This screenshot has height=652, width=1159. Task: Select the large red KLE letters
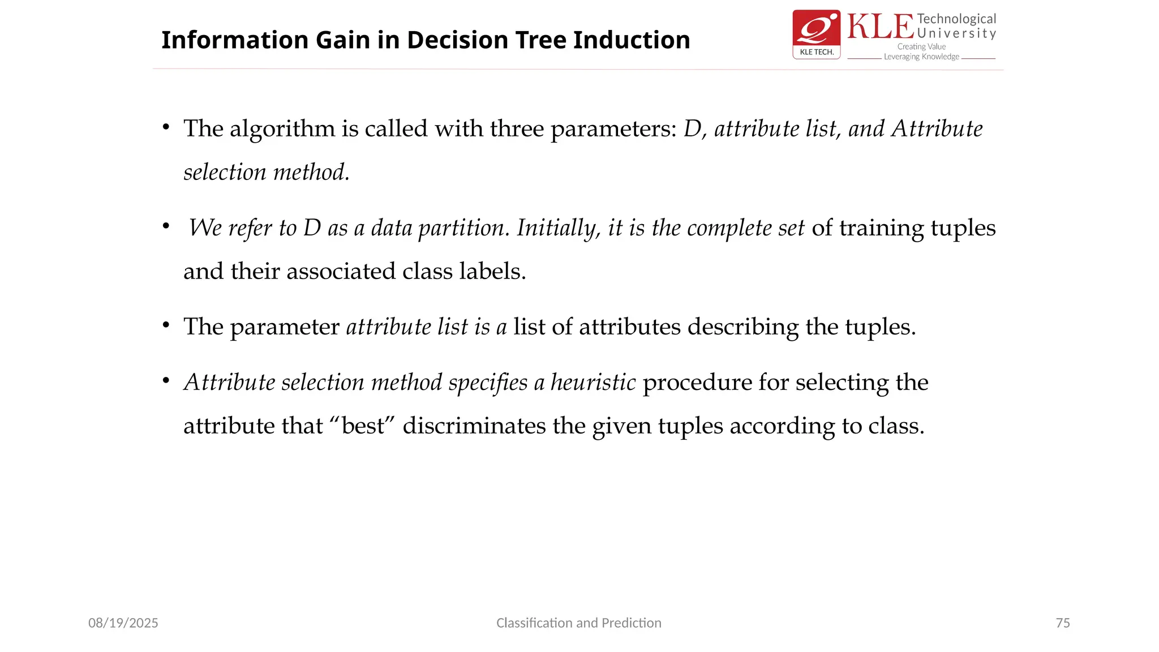click(x=880, y=27)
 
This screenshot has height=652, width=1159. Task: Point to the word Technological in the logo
click(x=956, y=19)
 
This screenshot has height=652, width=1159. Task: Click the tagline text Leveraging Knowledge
click(x=921, y=57)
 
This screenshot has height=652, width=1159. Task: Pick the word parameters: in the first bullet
click(x=613, y=129)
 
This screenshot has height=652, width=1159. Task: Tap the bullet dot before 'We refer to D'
click(x=166, y=226)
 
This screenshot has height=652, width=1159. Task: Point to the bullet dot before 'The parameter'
click(x=166, y=325)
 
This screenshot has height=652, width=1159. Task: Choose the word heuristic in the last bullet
click(x=593, y=383)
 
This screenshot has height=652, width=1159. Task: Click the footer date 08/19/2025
click(x=123, y=623)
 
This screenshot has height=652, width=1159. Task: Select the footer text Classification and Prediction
click(x=578, y=623)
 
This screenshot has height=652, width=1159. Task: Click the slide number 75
click(x=1062, y=623)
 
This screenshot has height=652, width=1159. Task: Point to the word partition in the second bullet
click(x=460, y=228)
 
